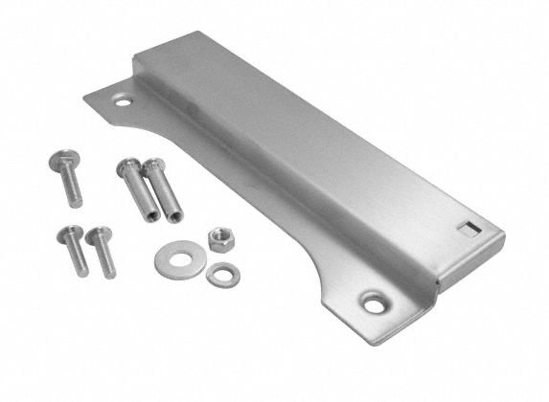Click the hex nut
[x=219, y=239]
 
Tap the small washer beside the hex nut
[x=222, y=275]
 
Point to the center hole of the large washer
[x=173, y=258]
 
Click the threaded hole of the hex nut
[x=219, y=238]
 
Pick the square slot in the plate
[x=467, y=227]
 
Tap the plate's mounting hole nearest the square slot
[x=373, y=304]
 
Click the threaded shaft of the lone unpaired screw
[x=73, y=190]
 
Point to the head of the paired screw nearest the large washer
[x=93, y=233]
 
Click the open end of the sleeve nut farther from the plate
[x=149, y=216]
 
